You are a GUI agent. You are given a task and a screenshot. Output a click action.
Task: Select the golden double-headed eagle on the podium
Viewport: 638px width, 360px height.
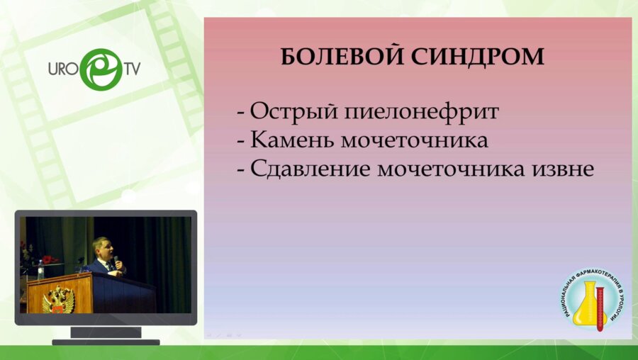[58, 299]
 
